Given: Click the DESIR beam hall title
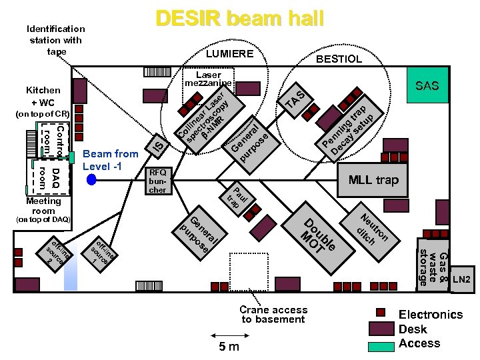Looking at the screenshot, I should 239,19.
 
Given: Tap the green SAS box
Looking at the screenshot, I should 427,86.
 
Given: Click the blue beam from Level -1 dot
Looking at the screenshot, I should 91,179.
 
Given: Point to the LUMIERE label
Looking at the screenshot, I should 229,53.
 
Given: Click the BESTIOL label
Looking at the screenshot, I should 339,59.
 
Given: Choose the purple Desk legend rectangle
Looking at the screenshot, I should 381,329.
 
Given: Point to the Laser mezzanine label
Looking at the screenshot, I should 208,79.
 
